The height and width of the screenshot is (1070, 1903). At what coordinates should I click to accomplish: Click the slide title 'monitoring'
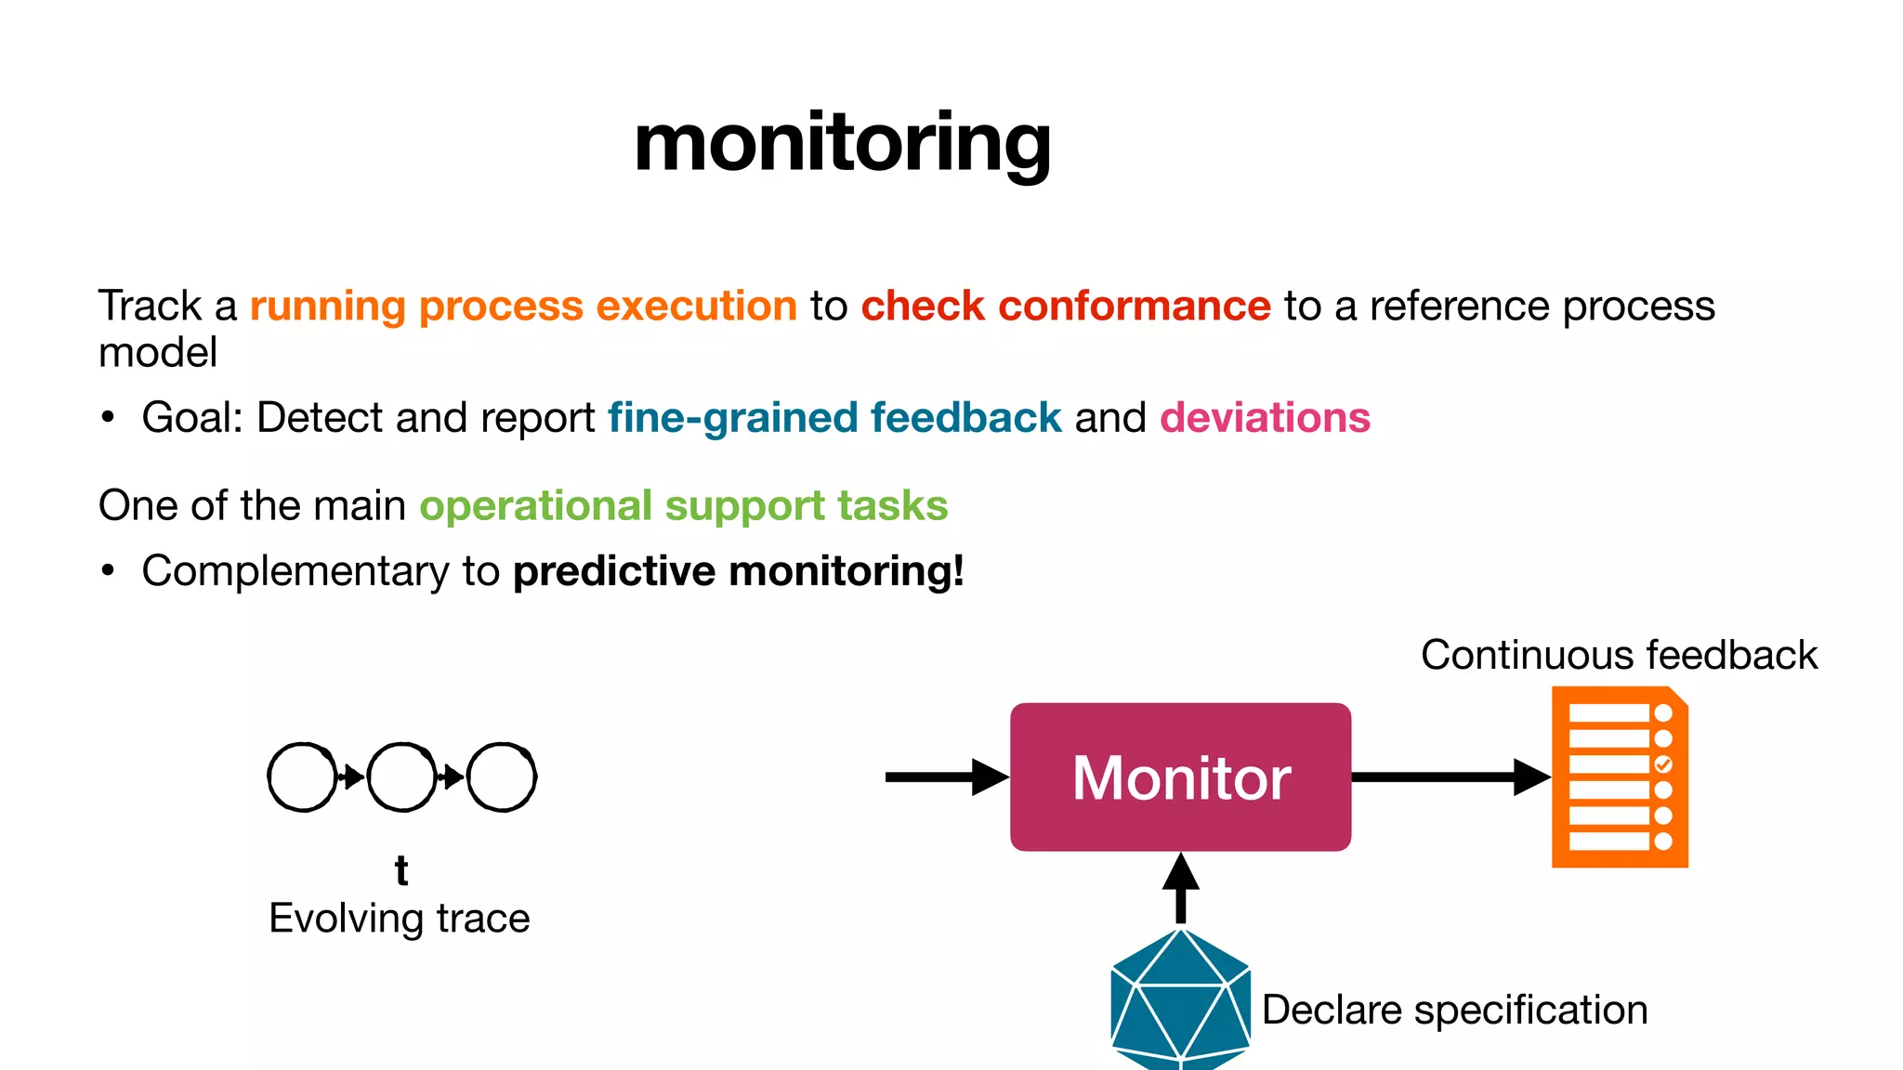842,144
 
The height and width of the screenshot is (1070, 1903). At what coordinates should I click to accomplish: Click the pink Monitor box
1180,776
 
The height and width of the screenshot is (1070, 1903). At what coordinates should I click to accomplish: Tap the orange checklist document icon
1620,776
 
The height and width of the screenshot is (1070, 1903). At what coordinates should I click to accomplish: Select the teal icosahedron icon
1180,998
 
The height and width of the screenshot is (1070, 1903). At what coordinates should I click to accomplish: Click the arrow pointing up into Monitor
1180,887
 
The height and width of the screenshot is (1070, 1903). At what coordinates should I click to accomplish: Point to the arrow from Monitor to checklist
1450,776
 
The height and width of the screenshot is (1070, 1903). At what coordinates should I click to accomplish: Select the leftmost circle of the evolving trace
302,776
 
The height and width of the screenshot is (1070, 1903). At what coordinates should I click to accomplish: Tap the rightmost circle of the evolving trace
502,776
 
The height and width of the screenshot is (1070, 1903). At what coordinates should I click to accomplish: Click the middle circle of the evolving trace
401,776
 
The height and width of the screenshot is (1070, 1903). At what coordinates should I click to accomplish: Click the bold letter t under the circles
401,871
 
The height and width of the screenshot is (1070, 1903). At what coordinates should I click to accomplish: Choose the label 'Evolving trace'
400,919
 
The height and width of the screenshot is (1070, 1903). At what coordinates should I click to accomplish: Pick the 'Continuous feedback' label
1619,655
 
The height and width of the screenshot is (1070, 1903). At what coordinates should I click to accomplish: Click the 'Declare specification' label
1454,1010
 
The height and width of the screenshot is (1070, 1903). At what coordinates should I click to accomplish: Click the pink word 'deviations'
1265,418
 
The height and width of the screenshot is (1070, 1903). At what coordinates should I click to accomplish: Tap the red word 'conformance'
1134,307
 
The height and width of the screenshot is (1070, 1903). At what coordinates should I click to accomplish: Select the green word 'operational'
536,506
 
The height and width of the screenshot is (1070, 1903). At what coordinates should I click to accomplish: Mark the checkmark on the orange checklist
1663,764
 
